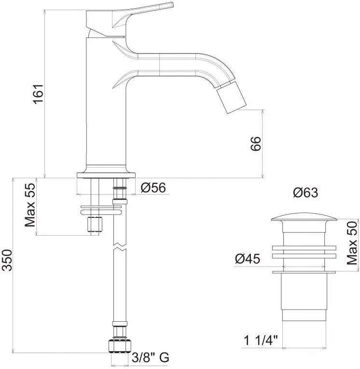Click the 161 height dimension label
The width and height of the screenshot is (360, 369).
pyautogui.click(x=38, y=93)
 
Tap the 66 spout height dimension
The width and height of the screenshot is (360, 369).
pyautogui.click(x=256, y=143)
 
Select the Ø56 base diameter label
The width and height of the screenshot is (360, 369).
pyautogui.click(x=153, y=187)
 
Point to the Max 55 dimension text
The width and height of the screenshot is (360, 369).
pyautogui.click(x=30, y=205)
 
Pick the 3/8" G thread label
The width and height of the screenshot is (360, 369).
pyautogui.click(x=151, y=358)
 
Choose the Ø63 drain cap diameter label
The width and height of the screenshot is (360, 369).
pyautogui.click(x=305, y=193)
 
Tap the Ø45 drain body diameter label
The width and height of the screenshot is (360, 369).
pyautogui.click(x=248, y=259)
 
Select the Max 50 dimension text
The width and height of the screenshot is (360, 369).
pyautogui.click(x=352, y=243)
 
